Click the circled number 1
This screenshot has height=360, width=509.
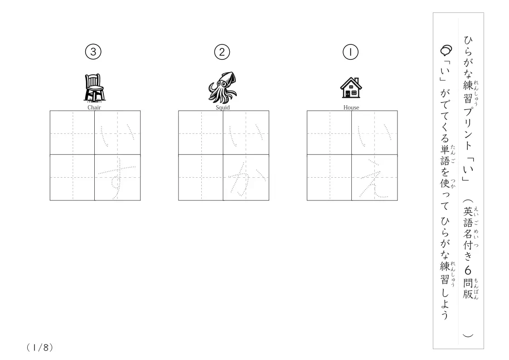(x=350, y=52)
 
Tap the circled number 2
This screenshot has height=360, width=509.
(x=222, y=52)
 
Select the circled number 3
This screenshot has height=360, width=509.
(x=93, y=52)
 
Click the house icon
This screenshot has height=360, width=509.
(x=351, y=88)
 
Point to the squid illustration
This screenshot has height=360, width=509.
(x=223, y=88)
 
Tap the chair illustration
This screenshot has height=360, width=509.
(x=94, y=88)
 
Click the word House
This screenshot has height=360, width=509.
(x=351, y=107)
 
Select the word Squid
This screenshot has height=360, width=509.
(x=223, y=107)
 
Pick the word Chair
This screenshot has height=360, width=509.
(x=94, y=107)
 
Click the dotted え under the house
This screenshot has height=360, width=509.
(x=374, y=180)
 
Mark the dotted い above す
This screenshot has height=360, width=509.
(x=117, y=136)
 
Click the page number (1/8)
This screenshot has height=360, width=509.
(x=39, y=348)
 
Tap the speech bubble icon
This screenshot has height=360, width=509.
(x=446, y=50)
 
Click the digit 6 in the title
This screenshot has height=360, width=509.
(x=468, y=270)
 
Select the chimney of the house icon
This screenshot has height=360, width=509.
(x=356, y=80)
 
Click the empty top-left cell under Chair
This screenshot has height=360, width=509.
(x=72, y=132)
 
